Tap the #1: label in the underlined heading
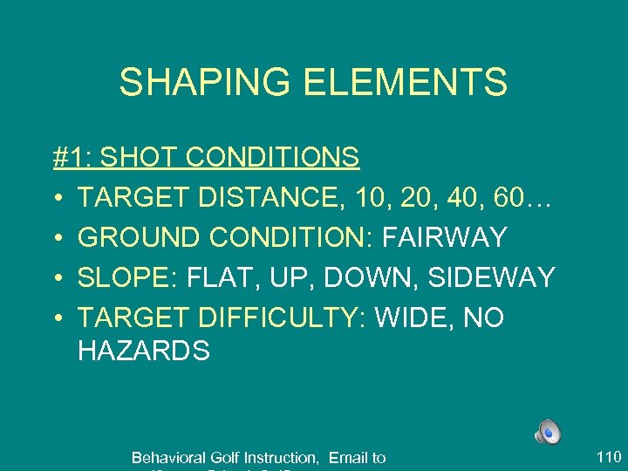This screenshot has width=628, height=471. tap(72, 158)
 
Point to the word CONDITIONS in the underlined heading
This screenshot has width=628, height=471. tap(272, 158)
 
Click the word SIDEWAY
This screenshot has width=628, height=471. tap(488, 278)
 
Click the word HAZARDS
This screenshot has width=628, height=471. tap(144, 351)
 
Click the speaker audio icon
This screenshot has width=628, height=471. tap(548, 430)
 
